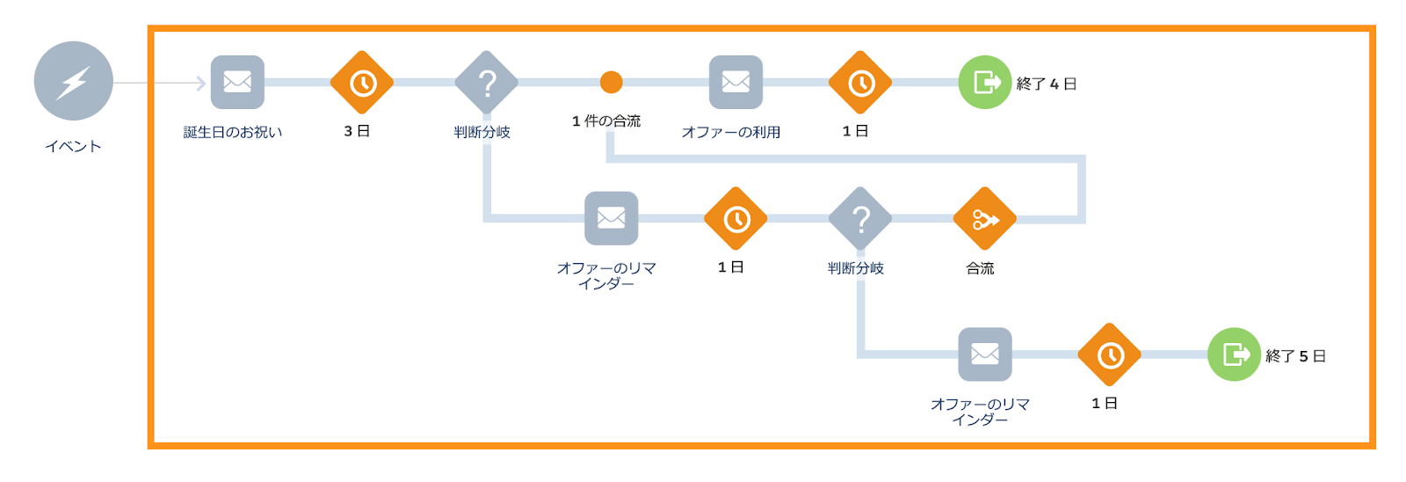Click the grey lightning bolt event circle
74,81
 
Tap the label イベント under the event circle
74,146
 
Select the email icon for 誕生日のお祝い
237,82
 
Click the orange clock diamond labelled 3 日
362,83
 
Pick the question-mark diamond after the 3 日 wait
487,83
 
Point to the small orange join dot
612,83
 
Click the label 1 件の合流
606,121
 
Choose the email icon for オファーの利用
736,82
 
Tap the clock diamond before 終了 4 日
860,83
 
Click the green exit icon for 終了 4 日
985,83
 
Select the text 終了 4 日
1047,84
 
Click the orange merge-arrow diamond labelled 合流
985,219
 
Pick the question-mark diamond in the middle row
860,219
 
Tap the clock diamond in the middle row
736,219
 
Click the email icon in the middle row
612,218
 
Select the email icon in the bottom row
985,354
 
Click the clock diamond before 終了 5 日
1110,354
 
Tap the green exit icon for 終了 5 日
1235,354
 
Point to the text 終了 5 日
1296,356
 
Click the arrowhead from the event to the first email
202,83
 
